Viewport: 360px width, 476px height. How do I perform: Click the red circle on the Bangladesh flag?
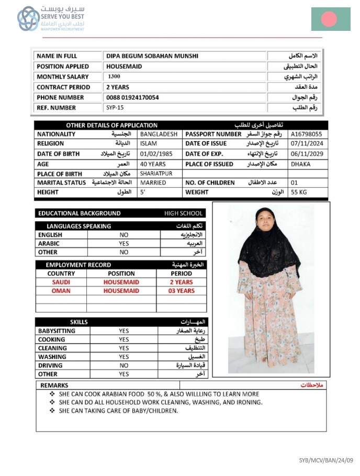click(x=329, y=19)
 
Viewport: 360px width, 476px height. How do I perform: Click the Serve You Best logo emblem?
click(x=28, y=19)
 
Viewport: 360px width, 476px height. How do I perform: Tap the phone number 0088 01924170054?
click(x=132, y=97)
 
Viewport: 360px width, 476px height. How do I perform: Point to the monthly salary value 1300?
click(x=114, y=76)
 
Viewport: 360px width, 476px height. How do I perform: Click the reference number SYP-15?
click(x=115, y=108)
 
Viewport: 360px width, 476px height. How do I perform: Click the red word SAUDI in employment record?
click(x=61, y=282)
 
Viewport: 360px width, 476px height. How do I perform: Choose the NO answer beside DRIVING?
click(x=124, y=366)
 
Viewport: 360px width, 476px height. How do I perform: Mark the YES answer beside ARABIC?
click(x=124, y=244)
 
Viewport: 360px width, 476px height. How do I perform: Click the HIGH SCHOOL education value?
click(x=184, y=213)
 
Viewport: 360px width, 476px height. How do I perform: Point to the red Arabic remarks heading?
click(x=312, y=385)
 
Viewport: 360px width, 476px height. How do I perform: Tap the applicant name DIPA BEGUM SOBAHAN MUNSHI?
click(x=152, y=56)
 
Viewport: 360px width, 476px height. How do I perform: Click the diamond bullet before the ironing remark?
click(x=52, y=402)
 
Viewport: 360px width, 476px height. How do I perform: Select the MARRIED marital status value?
click(x=153, y=183)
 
